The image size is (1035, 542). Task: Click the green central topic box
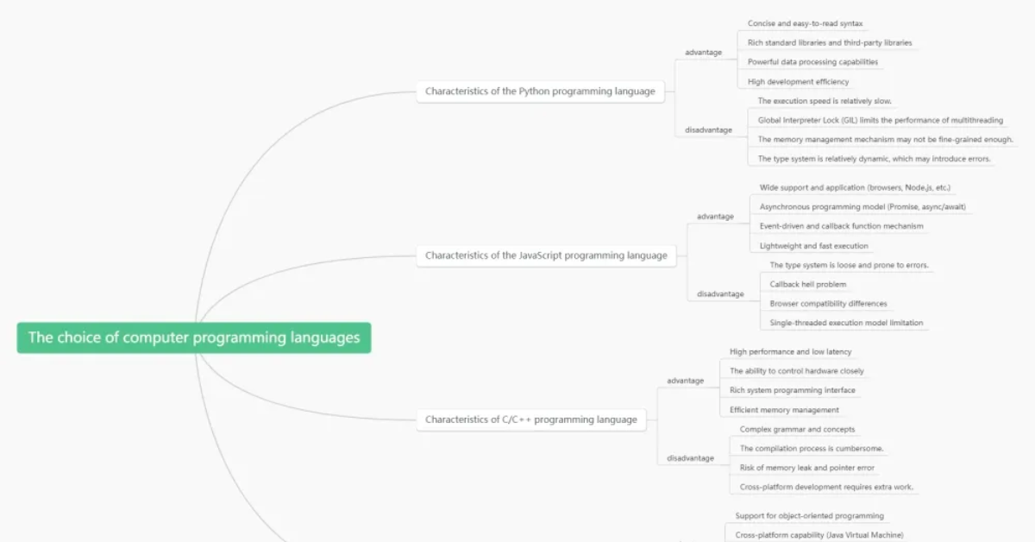pyautogui.click(x=194, y=337)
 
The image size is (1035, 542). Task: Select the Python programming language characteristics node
pyautogui.click(x=540, y=91)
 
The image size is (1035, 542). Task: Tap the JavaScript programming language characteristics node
pyautogui.click(x=546, y=255)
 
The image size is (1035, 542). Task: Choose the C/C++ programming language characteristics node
pyautogui.click(x=531, y=419)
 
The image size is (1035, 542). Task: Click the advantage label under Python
pyautogui.click(x=703, y=53)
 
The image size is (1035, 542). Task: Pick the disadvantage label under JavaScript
pyautogui.click(x=720, y=293)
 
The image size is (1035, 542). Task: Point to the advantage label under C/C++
pyautogui.click(x=685, y=381)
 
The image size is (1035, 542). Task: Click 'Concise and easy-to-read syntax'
pyautogui.click(x=805, y=23)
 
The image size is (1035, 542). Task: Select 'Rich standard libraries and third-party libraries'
pyautogui.click(x=830, y=42)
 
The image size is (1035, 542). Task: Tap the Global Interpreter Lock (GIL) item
pyautogui.click(x=881, y=120)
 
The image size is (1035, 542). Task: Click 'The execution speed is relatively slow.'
pyautogui.click(x=825, y=101)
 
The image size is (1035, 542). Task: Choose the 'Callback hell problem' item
pyautogui.click(x=807, y=285)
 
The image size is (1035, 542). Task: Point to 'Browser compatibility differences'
pyautogui.click(x=828, y=304)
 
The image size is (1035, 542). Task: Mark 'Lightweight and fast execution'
pyautogui.click(x=813, y=246)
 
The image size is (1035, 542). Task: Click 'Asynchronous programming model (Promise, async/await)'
pyautogui.click(x=862, y=207)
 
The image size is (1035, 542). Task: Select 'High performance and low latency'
pyautogui.click(x=790, y=351)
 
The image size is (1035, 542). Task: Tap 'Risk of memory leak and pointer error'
pyautogui.click(x=806, y=468)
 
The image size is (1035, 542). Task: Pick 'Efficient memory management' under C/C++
pyautogui.click(x=784, y=410)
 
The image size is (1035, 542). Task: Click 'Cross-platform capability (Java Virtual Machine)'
pyautogui.click(x=819, y=534)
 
